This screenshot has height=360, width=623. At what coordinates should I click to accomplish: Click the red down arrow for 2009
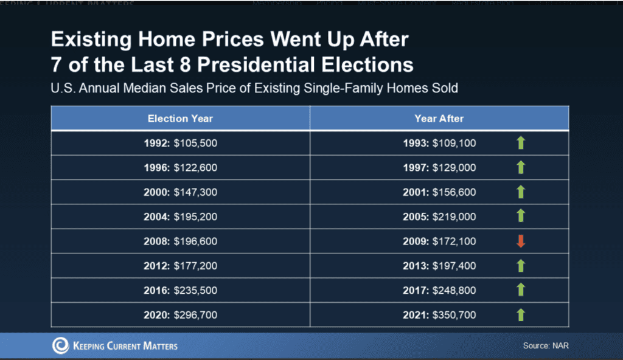click(520, 241)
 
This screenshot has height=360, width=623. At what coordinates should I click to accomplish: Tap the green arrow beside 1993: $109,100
click(520, 144)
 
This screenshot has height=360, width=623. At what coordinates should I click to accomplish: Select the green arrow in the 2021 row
click(520, 314)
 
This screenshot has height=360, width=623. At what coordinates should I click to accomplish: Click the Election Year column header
click(180, 119)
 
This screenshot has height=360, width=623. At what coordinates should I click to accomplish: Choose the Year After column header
click(439, 119)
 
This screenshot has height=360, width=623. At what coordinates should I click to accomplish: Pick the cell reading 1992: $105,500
click(180, 144)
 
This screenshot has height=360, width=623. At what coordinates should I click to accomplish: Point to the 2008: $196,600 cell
click(180, 241)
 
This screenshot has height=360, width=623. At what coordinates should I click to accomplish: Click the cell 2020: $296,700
click(180, 314)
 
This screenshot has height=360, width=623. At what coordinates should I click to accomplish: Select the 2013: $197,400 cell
click(439, 266)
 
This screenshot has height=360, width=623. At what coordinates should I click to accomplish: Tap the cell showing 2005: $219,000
click(439, 216)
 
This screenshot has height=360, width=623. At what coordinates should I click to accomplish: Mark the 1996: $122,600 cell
click(180, 168)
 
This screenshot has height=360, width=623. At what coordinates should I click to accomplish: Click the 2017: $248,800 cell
click(439, 290)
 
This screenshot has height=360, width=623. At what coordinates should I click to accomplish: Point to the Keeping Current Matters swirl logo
click(60, 346)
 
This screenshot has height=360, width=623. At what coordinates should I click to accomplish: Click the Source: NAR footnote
click(546, 346)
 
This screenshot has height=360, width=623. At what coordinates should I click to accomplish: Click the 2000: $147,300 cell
click(180, 192)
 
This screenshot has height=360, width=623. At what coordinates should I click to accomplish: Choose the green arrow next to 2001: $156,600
click(520, 192)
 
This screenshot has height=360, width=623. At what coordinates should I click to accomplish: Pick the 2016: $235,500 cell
click(180, 290)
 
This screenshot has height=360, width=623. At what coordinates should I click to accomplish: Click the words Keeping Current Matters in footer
click(125, 346)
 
